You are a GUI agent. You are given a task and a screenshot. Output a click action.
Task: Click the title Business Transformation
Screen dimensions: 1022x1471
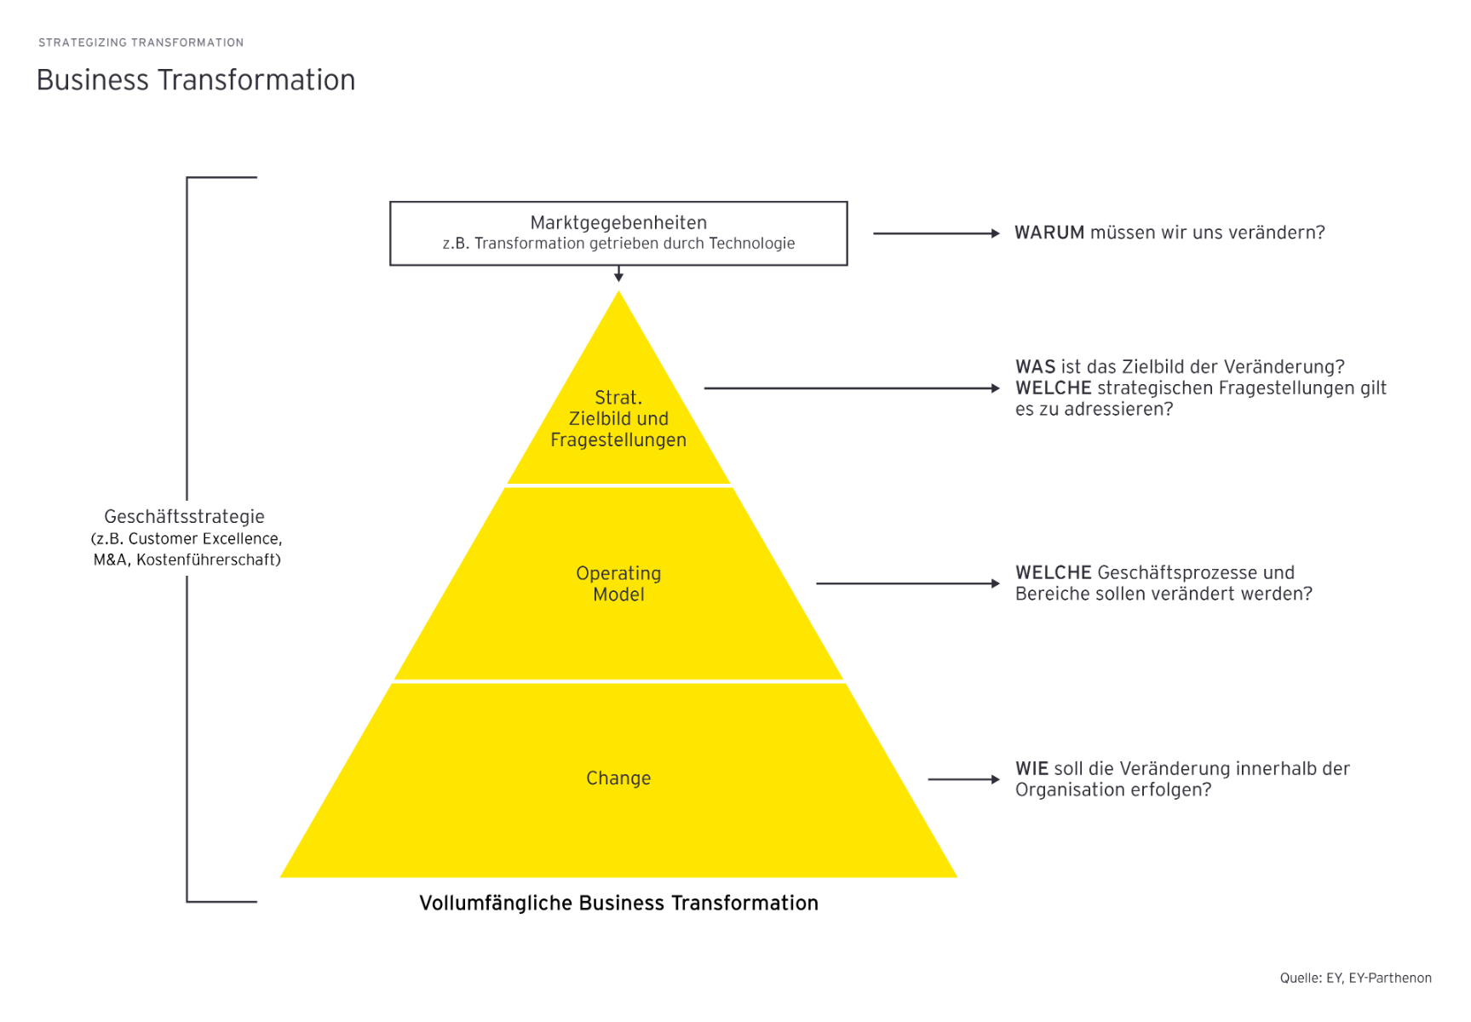pyautogui.click(x=195, y=80)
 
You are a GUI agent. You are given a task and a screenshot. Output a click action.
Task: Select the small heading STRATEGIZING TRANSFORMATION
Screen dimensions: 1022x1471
pyautogui.click(x=141, y=43)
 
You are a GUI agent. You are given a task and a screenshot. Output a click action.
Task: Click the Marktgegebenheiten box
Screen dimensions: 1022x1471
pyautogui.click(x=618, y=233)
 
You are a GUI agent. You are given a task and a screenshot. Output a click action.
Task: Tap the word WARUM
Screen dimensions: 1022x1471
pyautogui.click(x=1049, y=233)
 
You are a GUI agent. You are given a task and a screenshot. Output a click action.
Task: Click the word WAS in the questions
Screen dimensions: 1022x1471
pyautogui.click(x=1035, y=367)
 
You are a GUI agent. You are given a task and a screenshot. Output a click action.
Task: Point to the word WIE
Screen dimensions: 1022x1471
pyautogui.click(x=1031, y=769)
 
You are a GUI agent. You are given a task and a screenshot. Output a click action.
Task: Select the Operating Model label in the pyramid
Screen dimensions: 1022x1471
pyautogui.click(x=618, y=583)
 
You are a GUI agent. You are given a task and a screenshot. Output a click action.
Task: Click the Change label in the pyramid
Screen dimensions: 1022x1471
pyautogui.click(x=618, y=778)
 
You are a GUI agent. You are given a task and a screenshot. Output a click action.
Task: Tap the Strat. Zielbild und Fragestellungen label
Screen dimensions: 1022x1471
pyautogui.click(x=618, y=419)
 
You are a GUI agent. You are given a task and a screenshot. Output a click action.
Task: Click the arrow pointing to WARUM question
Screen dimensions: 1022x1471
pyautogui.click(x=935, y=233)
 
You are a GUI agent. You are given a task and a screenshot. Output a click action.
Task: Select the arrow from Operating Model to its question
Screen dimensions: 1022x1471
pyautogui.click(x=907, y=584)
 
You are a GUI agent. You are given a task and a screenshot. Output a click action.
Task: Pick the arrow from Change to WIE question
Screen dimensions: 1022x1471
pyautogui.click(x=963, y=779)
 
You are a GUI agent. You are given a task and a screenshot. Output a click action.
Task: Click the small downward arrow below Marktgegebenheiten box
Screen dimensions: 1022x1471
pyautogui.click(x=618, y=274)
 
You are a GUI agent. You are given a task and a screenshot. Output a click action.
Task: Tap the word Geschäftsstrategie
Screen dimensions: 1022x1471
pyautogui.click(x=184, y=517)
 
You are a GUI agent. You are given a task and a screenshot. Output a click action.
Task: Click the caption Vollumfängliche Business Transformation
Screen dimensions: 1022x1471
pyautogui.click(x=618, y=904)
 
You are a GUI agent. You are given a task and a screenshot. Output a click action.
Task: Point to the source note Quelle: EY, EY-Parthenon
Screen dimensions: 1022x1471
pyautogui.click(x=1355, y=979)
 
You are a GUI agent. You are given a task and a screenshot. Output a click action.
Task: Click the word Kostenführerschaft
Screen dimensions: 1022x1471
pyautogui.click(x=208, y=560)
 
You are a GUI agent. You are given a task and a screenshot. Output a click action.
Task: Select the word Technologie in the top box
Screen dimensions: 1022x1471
pyautogui.click(x=751, y=244)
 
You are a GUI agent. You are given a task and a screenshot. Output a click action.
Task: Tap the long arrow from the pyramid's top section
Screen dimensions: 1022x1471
pyautogui.click(x=852, y=388)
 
